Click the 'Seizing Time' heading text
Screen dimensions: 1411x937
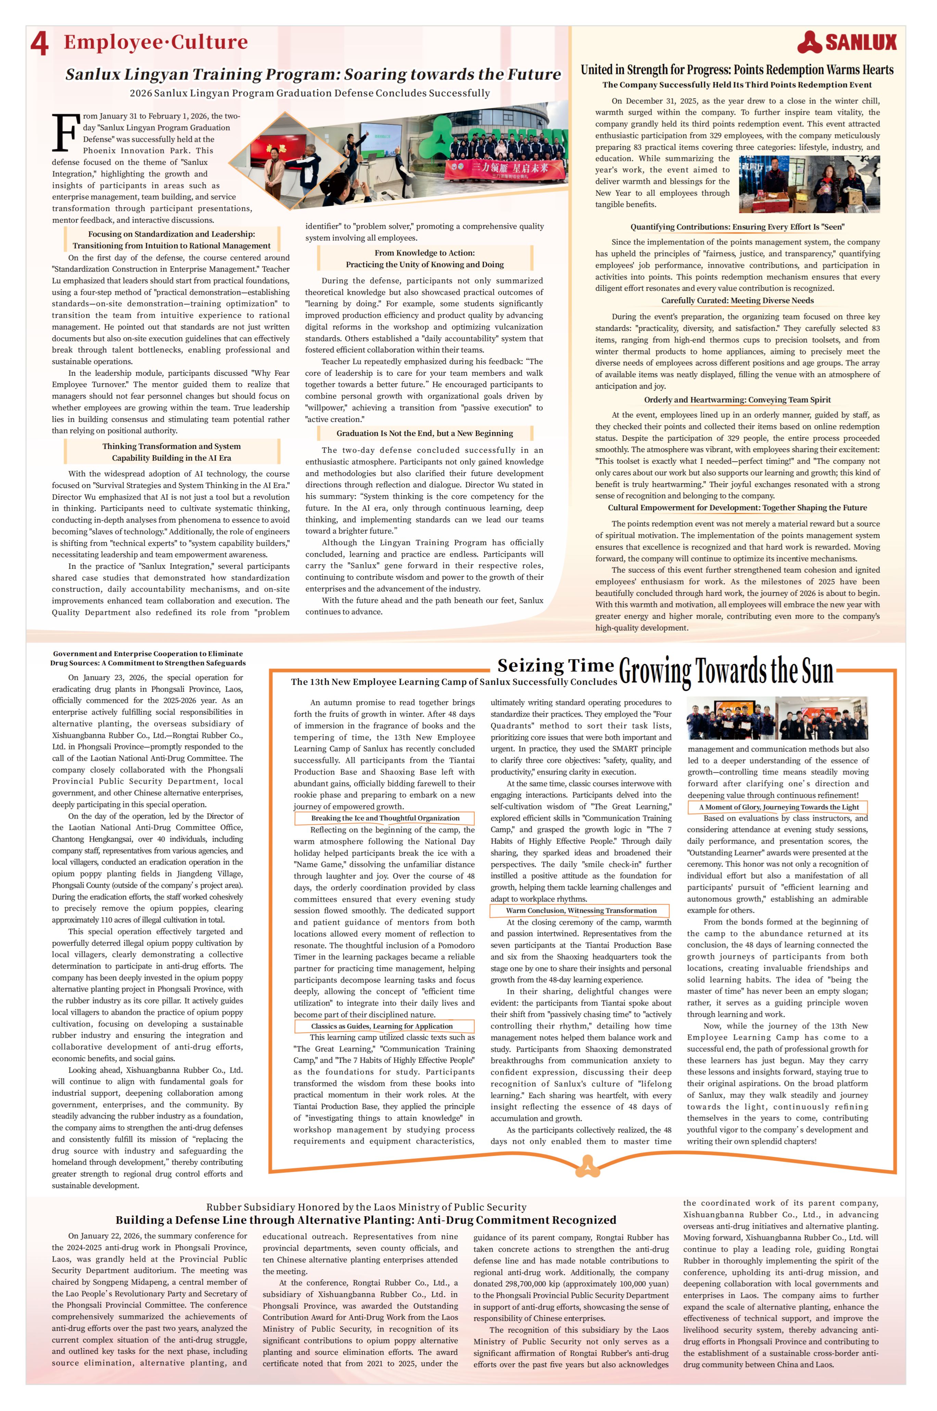pyautogui.click(x=555, y=665)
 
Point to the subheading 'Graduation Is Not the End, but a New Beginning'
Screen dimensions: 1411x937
pyautogui.click(x=424, y=433)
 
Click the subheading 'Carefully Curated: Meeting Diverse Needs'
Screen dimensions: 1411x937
pyautogui.click(x=737, y=301)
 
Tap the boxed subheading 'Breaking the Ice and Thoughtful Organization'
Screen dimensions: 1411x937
pyautogui.click(x=385, y=818)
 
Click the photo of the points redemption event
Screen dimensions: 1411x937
pyautogui.click(x=809, y=184)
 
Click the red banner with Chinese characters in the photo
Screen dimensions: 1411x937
pyautogui.click(x=505, y=169)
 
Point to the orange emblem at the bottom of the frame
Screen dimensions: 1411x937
pyautogui.click(x=588, y=1165)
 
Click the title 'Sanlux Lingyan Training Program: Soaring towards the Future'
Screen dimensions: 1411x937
pyautogui.click(x=313, y=74)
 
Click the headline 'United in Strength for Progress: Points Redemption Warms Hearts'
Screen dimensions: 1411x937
pyautogui.click(x=737, y=70)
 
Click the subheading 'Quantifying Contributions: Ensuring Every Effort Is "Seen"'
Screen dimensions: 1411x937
pyautogui.click(x=737, y=227)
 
